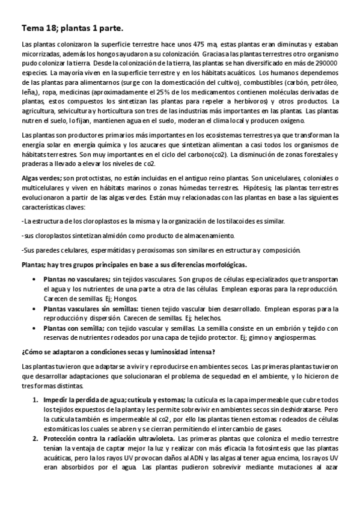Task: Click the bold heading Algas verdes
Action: tap(40, 178)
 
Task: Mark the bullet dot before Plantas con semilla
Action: tap(33, 328)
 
